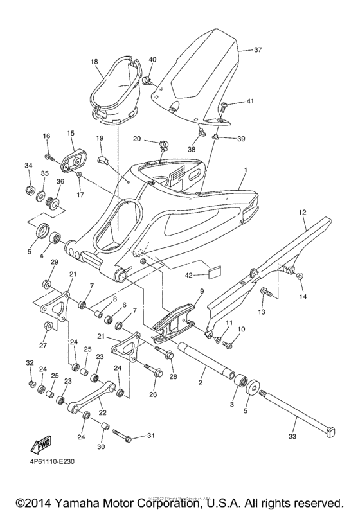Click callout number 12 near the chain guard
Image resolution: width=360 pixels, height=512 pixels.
[x=302, y=212]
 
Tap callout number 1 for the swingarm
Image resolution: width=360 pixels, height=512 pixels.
[x=245, y=172]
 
